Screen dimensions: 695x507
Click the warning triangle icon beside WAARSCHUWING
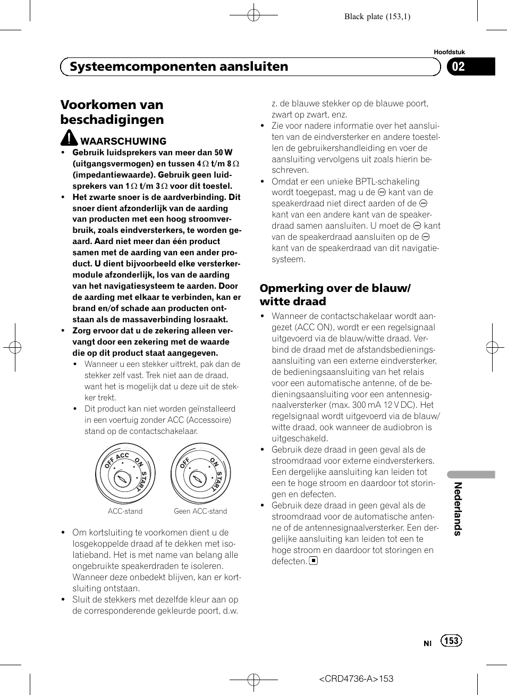(x=69, y=138)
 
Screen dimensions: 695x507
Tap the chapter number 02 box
(x=470, y=66)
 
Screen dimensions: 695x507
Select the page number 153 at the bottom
(x=451, y=641)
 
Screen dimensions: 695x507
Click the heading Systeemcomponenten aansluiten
(x=179, y=66)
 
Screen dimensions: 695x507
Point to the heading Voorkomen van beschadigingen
(x=112, y=112)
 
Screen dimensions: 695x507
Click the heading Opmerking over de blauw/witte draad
(x=335, y=295)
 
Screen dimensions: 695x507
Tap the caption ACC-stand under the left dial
(x=125, y=511)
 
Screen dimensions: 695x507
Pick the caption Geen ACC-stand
(x=200, y=511)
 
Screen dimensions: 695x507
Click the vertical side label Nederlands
(x=458, y=508)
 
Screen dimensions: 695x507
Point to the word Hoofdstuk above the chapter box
(x=449, y=52)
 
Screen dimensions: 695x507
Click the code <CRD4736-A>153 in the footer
(x=356, y=679)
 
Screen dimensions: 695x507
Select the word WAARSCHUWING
(x=123, y=141)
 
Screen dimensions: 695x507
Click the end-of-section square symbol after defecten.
(x=314, y=560)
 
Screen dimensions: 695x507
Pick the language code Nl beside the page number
(x=428, y=643)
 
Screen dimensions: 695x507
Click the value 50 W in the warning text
(x=223, y=153)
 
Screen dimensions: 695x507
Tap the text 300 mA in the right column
(x=367, y=405)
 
